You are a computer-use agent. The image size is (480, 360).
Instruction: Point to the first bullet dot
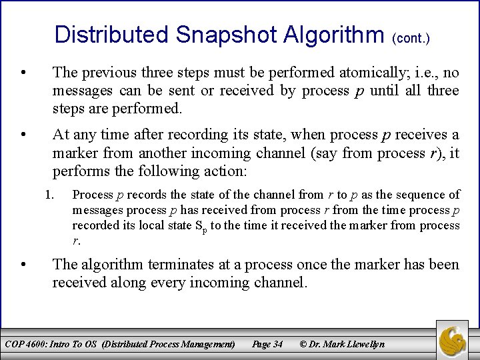(23, 72)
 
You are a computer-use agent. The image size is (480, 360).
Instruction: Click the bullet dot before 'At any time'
(23, 135)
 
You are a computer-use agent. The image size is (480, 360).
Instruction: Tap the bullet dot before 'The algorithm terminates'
(23, 265)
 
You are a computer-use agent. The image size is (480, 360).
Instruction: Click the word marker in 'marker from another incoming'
(73, 153)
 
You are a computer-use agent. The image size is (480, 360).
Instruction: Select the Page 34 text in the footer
(267, 344)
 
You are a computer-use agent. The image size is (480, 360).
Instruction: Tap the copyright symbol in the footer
(303, 344)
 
